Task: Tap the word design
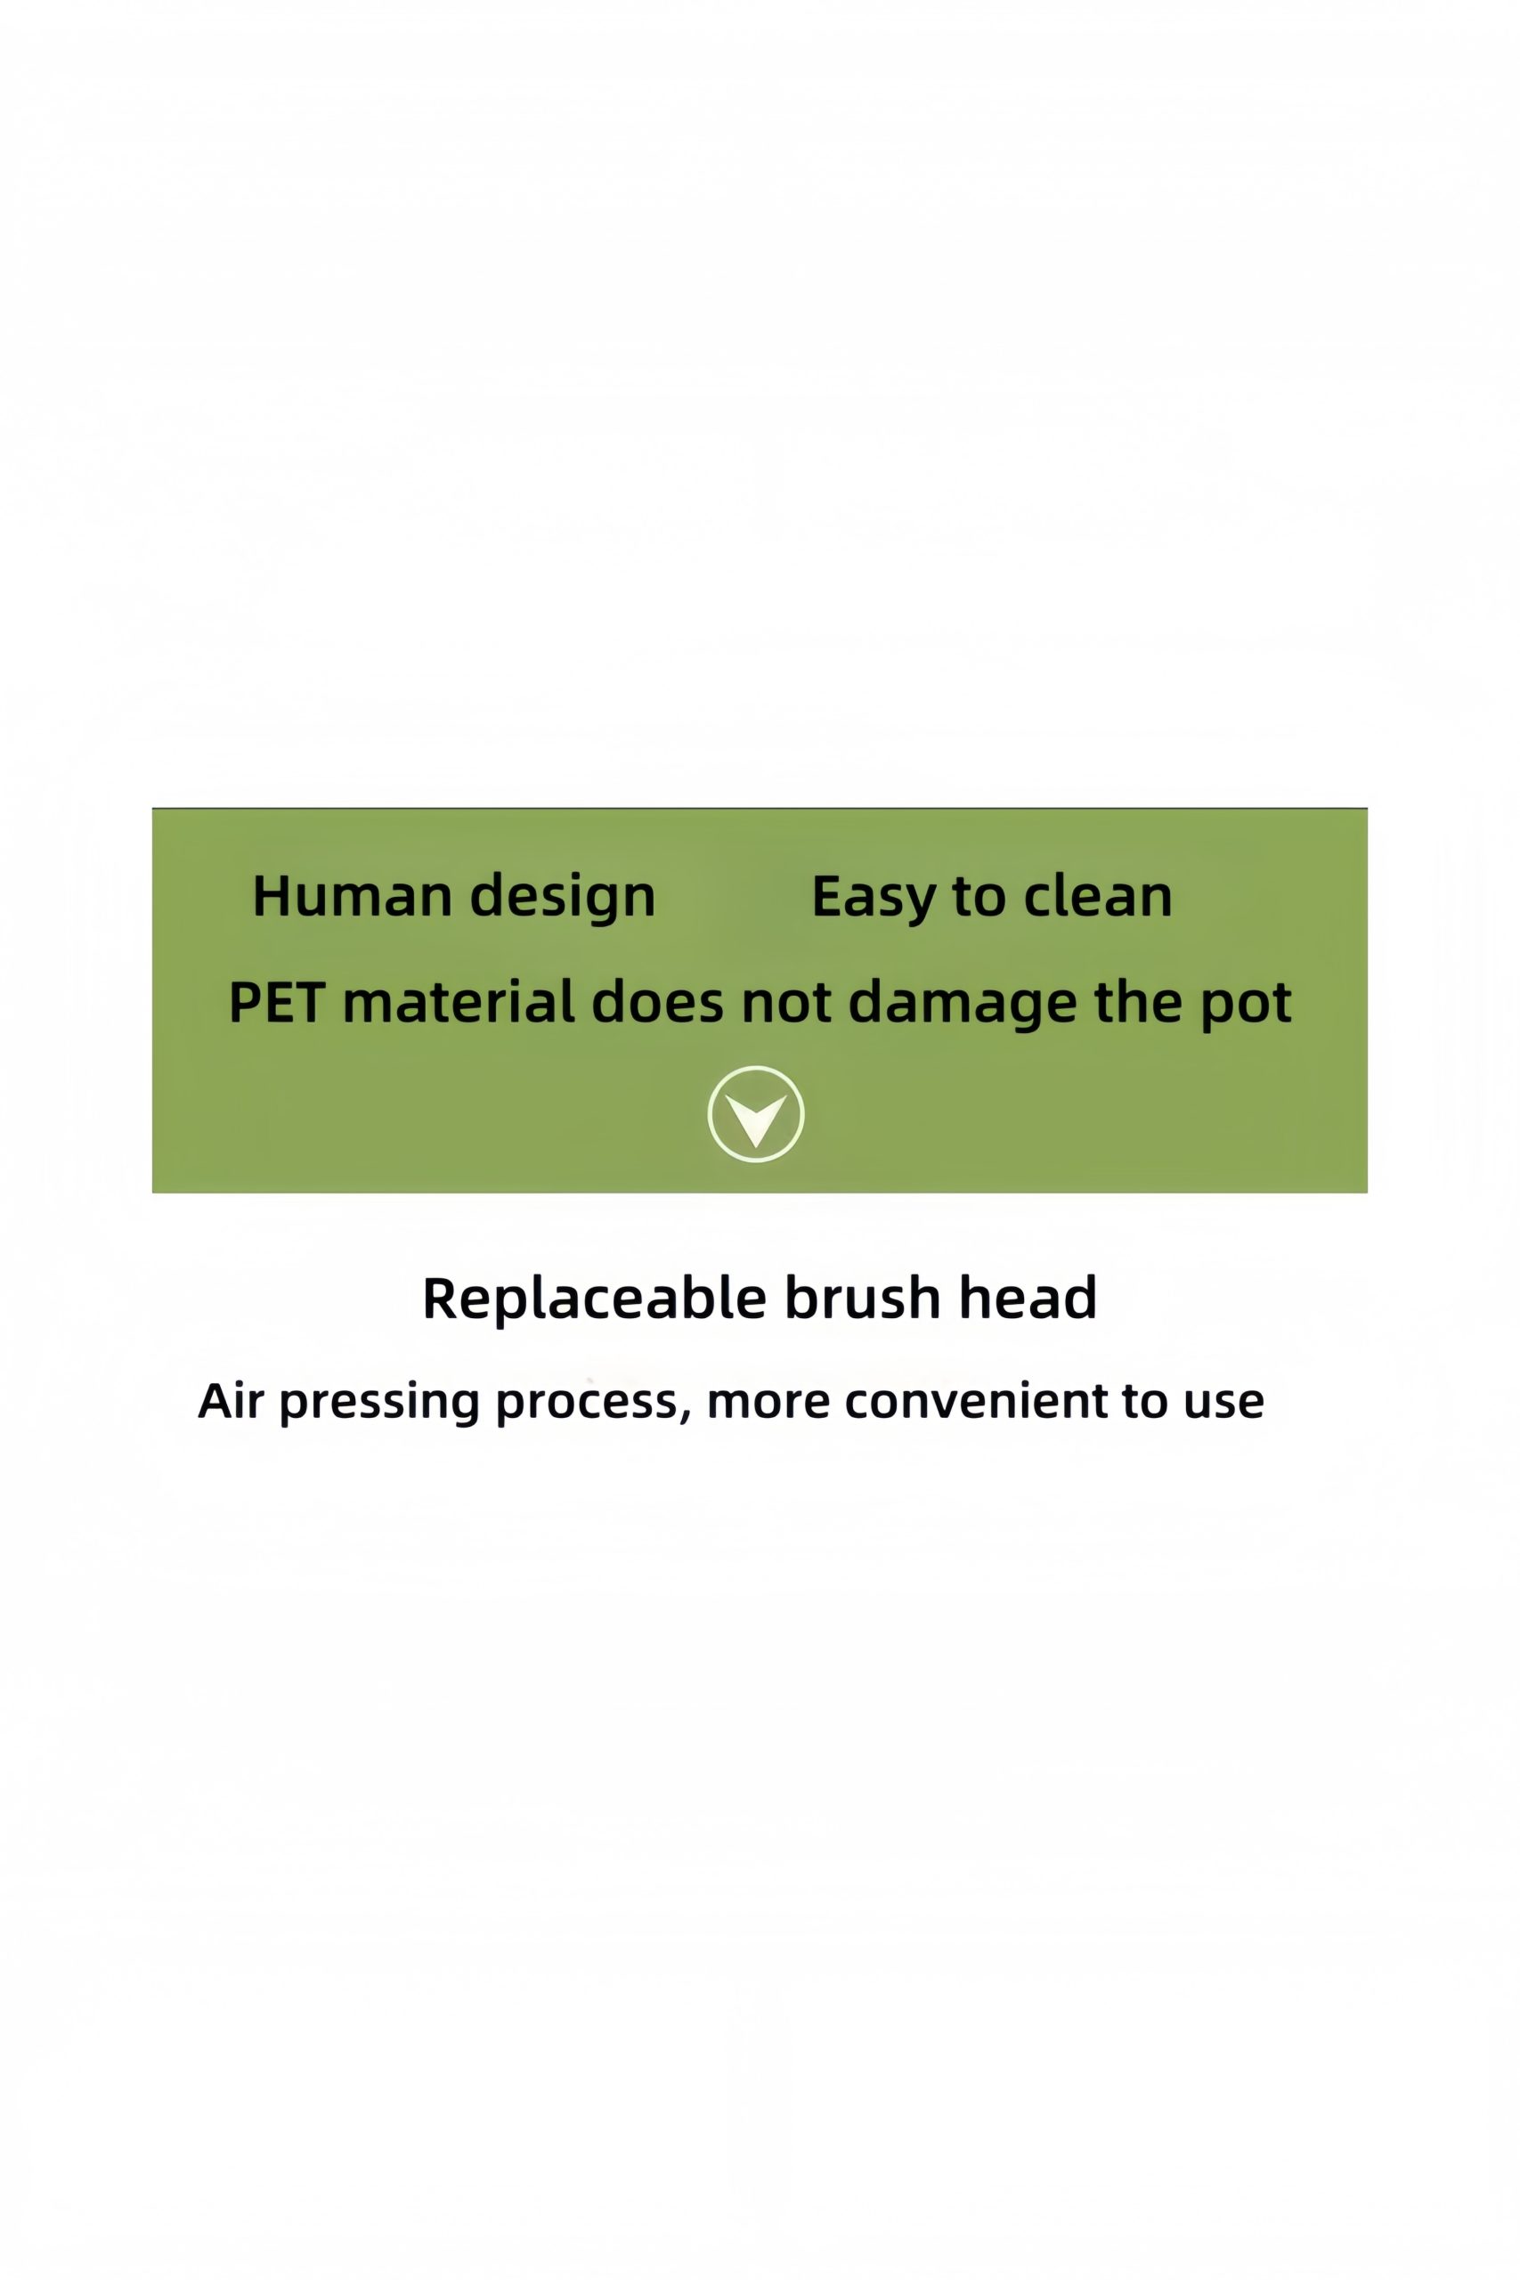click(564, 898)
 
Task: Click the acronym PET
click(276, 1002)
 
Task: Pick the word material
click(459, 1001)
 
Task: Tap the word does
click(657, 1001)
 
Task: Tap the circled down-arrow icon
click(756, 1114)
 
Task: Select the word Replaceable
click(594, 1297)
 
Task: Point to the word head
click(1028, 1297)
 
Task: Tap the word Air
click(231, 1401)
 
